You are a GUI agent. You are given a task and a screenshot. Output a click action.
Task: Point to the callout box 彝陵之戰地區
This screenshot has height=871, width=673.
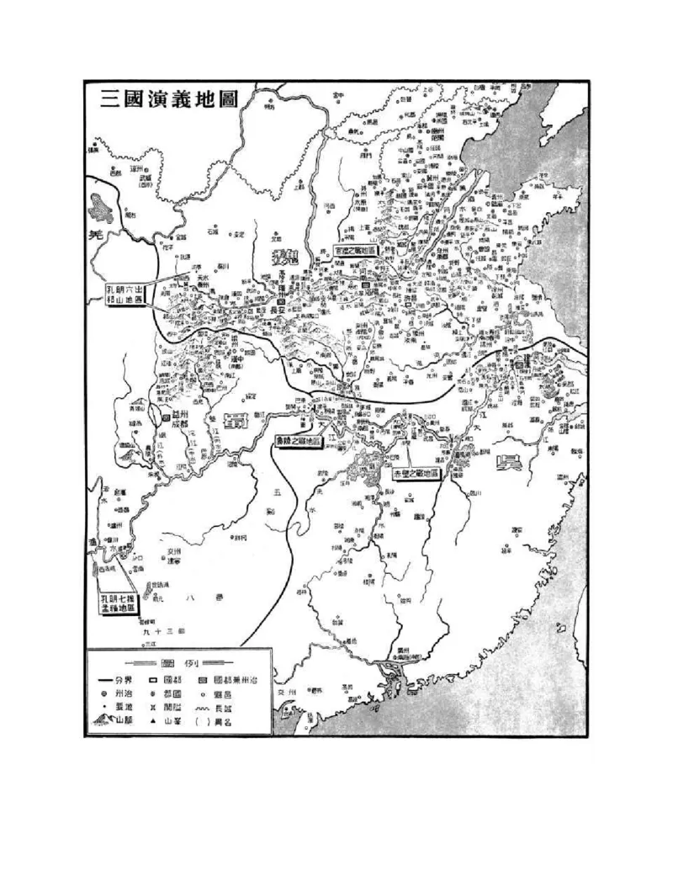[299, 440]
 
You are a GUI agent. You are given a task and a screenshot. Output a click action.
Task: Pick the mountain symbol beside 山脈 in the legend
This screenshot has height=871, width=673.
[104, 720]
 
